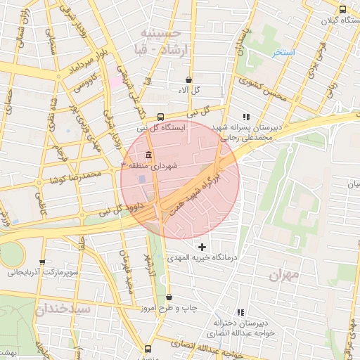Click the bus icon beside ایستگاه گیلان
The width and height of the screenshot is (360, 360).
point(342,10)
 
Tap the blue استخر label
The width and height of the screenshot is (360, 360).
point(284,53)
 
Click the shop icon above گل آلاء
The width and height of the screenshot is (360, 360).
point(188,80)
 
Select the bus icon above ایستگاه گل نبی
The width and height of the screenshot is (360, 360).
point(161,117)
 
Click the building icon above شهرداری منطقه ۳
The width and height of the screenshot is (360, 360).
point(148,155)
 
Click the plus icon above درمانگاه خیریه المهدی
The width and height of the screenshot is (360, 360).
point(203,246)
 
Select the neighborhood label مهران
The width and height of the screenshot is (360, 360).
point(284,275)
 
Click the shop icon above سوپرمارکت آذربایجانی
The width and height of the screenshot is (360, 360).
point(43,262)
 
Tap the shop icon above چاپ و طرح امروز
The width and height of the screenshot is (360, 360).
point(169,297)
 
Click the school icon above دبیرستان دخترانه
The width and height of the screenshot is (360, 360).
point(241,312)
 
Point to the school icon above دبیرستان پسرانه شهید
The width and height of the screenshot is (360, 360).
point(245,117)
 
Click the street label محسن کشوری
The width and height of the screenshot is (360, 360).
point(263,89)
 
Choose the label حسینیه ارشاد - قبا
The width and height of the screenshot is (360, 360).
point(161,39)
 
